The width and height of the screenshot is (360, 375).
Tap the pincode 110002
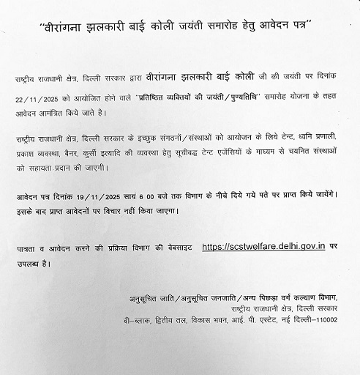[x=325, y=320]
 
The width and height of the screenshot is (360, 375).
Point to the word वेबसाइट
[x=173, y=248]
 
